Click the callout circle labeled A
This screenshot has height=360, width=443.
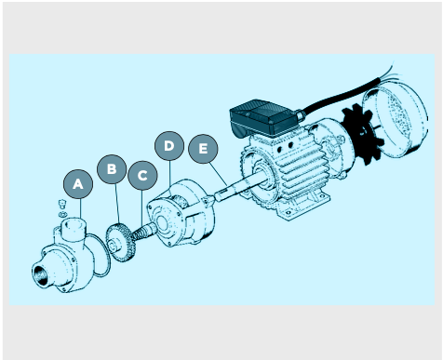pos(78,184)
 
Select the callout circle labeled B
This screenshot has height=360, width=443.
pos(112,169)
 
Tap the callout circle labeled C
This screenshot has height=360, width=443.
pos(142,176)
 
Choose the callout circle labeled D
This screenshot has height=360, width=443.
pos(169,146)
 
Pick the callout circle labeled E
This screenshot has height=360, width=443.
pos(203,149)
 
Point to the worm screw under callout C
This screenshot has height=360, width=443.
pos(144,233)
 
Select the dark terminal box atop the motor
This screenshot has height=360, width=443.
pos(263,118)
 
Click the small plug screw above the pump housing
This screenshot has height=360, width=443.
pos(62,204)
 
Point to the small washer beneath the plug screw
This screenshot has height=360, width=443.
pos(62,214)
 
